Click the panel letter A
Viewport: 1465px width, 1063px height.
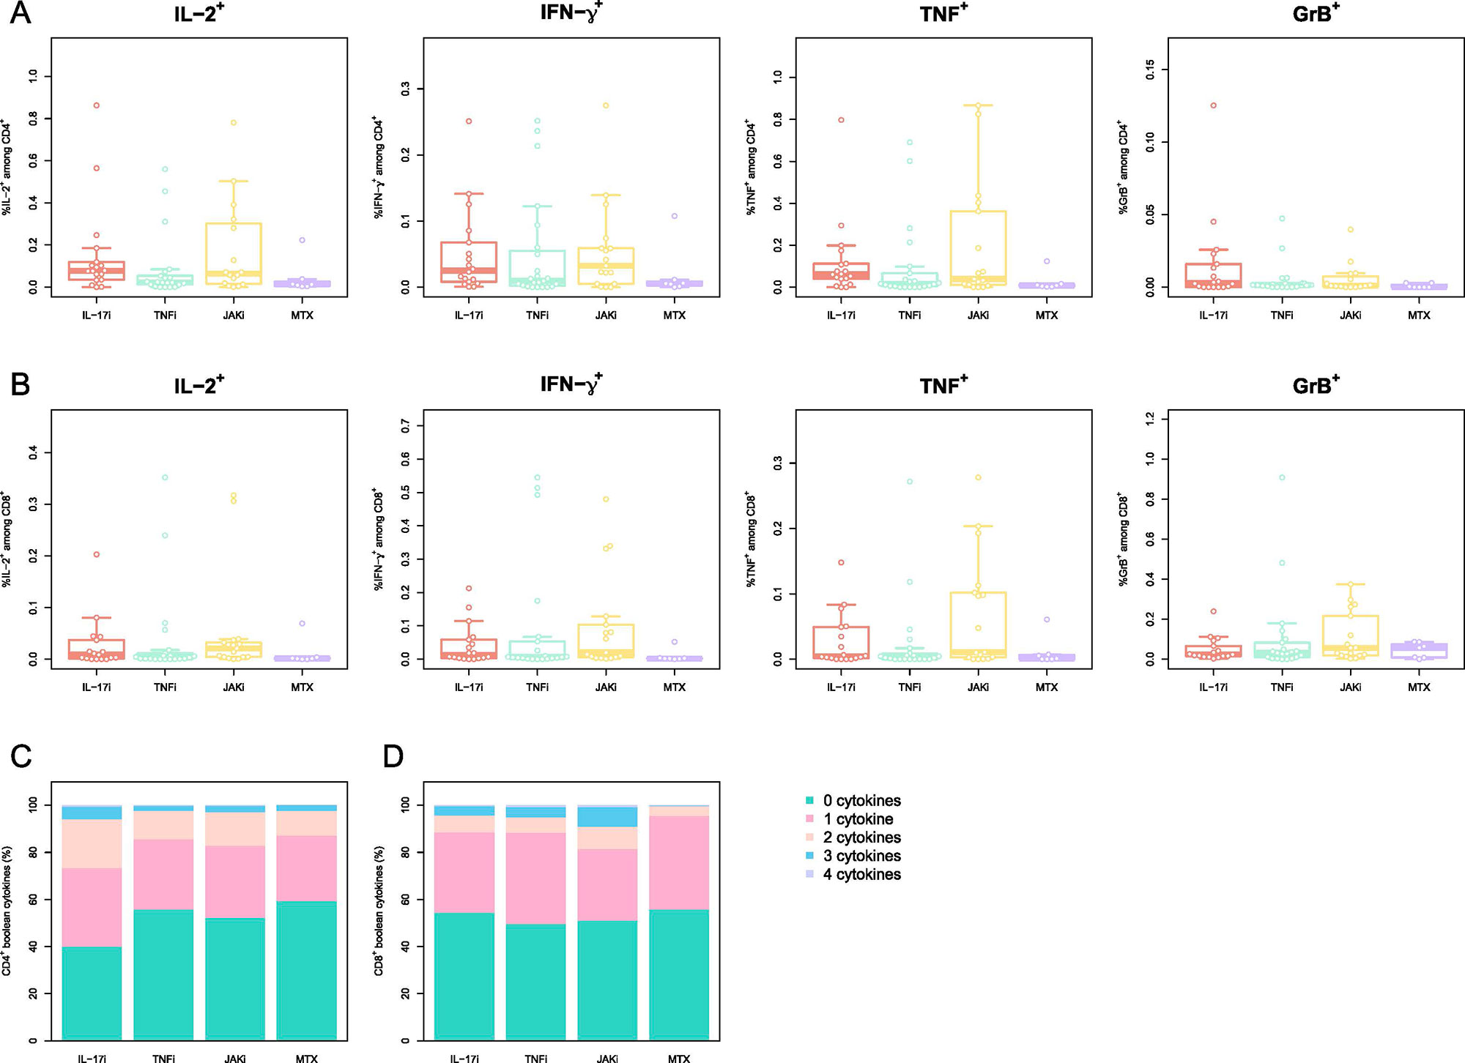click(x=21, y=12)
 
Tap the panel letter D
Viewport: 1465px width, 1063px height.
click(x=393, y=756)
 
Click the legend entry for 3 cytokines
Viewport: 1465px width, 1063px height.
click(x=861, y=856)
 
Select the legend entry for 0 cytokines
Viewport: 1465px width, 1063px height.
click(x=861, y=801)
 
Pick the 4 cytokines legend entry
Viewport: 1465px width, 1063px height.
click(x=861, y=874)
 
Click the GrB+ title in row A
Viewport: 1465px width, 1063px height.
click(x=1316, y=12)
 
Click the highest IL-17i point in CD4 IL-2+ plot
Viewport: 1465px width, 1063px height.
click(x=96, y=105)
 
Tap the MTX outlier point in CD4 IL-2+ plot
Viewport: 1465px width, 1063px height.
click(x=302, y=240)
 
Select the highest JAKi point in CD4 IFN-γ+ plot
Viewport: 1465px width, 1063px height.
click(x=606, y=105)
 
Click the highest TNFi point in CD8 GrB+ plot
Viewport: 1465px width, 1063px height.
click(x=1282, y=477)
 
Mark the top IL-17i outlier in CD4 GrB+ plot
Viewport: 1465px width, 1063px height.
click(x=1213, y=105)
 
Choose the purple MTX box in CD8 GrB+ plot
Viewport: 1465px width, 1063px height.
click(x=1419, y=651)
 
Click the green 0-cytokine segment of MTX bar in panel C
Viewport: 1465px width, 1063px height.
click(x=307, y=970)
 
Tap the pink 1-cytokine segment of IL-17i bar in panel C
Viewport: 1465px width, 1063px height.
click(x=92, y=908)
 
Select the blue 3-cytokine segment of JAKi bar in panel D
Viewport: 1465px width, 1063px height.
click(x=607, y=816)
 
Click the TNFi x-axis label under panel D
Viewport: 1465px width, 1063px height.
click(x=536, y=1058)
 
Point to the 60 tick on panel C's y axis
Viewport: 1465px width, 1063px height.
click(x=32, y=900)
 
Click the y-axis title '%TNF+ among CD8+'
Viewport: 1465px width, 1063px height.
click(x=751, y=539)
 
